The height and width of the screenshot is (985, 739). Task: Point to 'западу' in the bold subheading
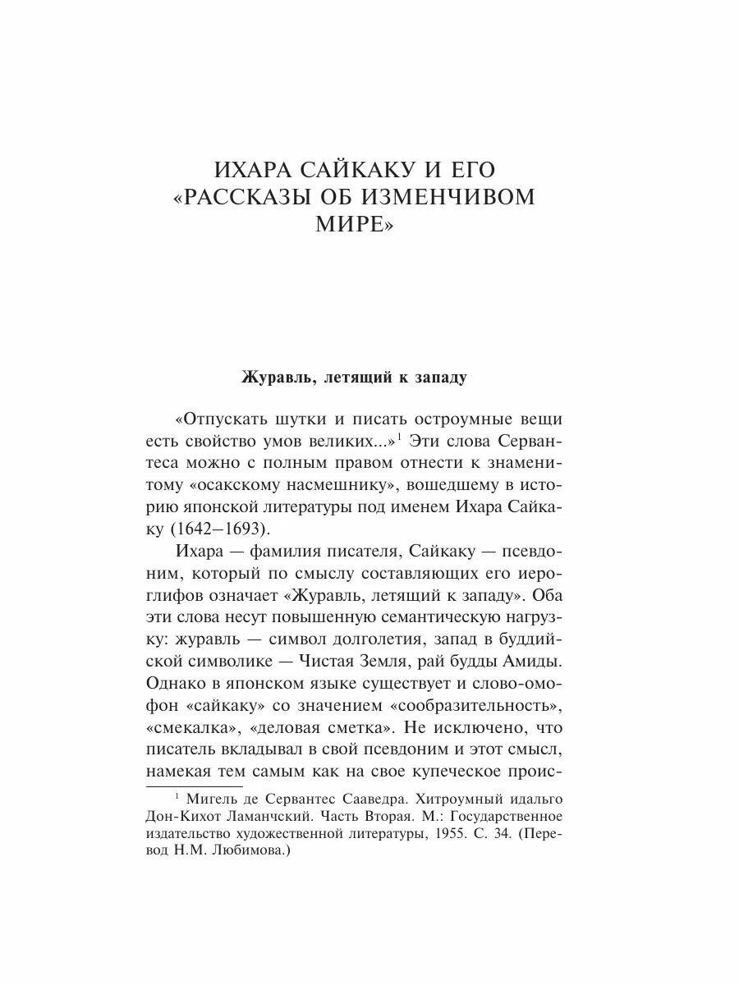[436, 378]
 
